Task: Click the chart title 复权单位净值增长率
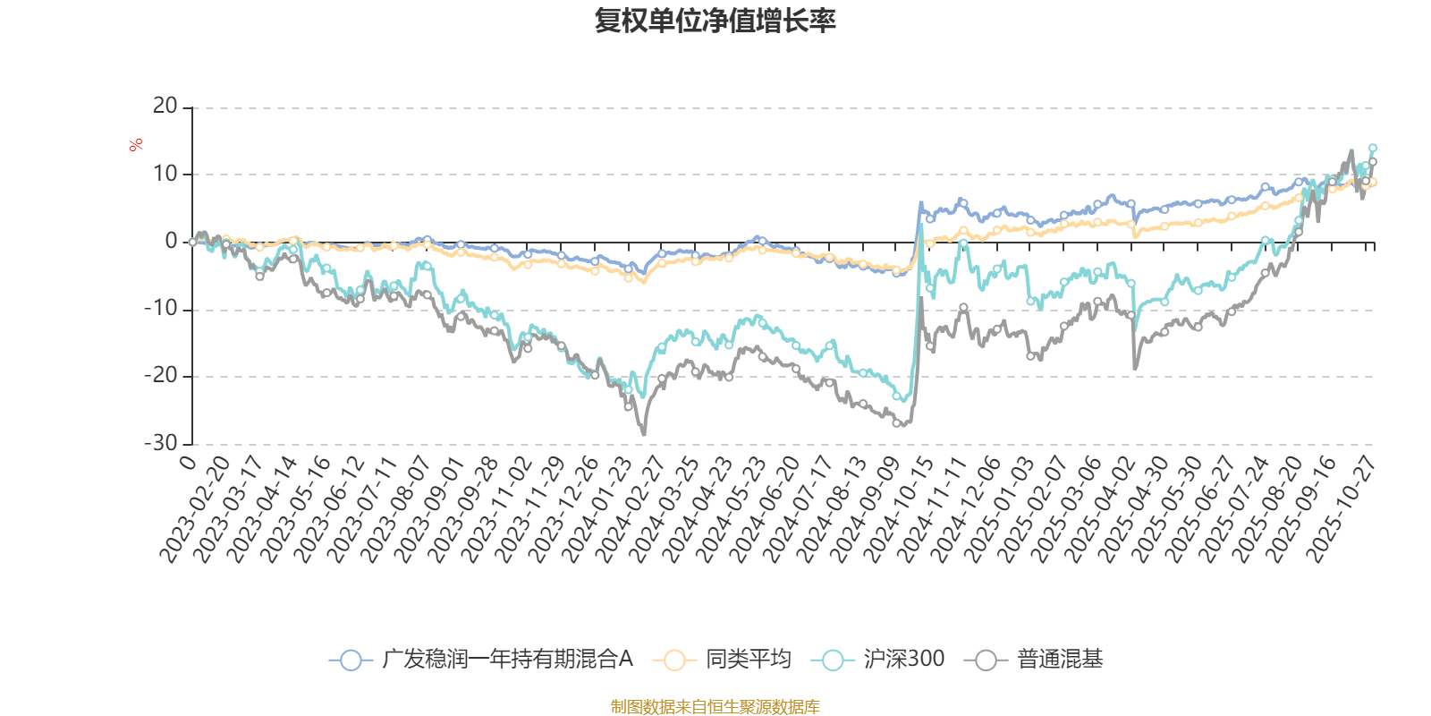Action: pyautogui.click(x=715, y=21)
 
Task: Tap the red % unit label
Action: pyautogui.click(x=136, y=145)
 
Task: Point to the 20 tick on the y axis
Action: pyautogui.click(x=165, y=107)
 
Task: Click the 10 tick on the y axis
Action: pyautogui.click(x=165, y=174)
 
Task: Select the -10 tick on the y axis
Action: pyautogui.click(x=161, y=309)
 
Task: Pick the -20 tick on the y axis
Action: pyautogui.click(x=161, y=376)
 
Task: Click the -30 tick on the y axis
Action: pyautogui.click(x=161, y=443)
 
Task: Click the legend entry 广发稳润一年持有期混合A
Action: pyautogui.click(x=482, y=661)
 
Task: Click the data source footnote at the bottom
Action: pyautogui.click(x=715, y=707)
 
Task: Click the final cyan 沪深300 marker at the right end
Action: pyautogui.click(x=1373, y=148)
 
